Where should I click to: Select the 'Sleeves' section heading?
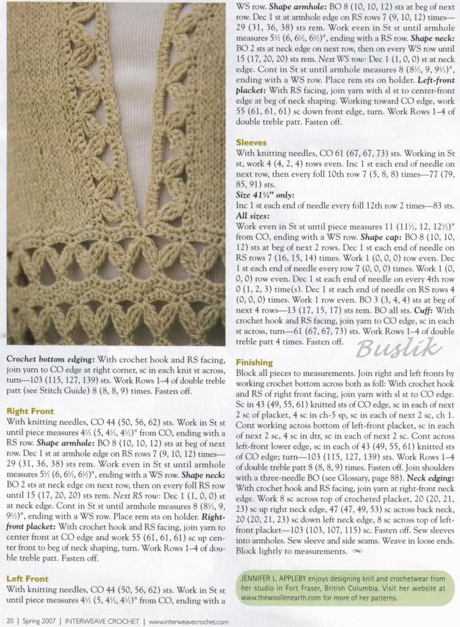point(251,142)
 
